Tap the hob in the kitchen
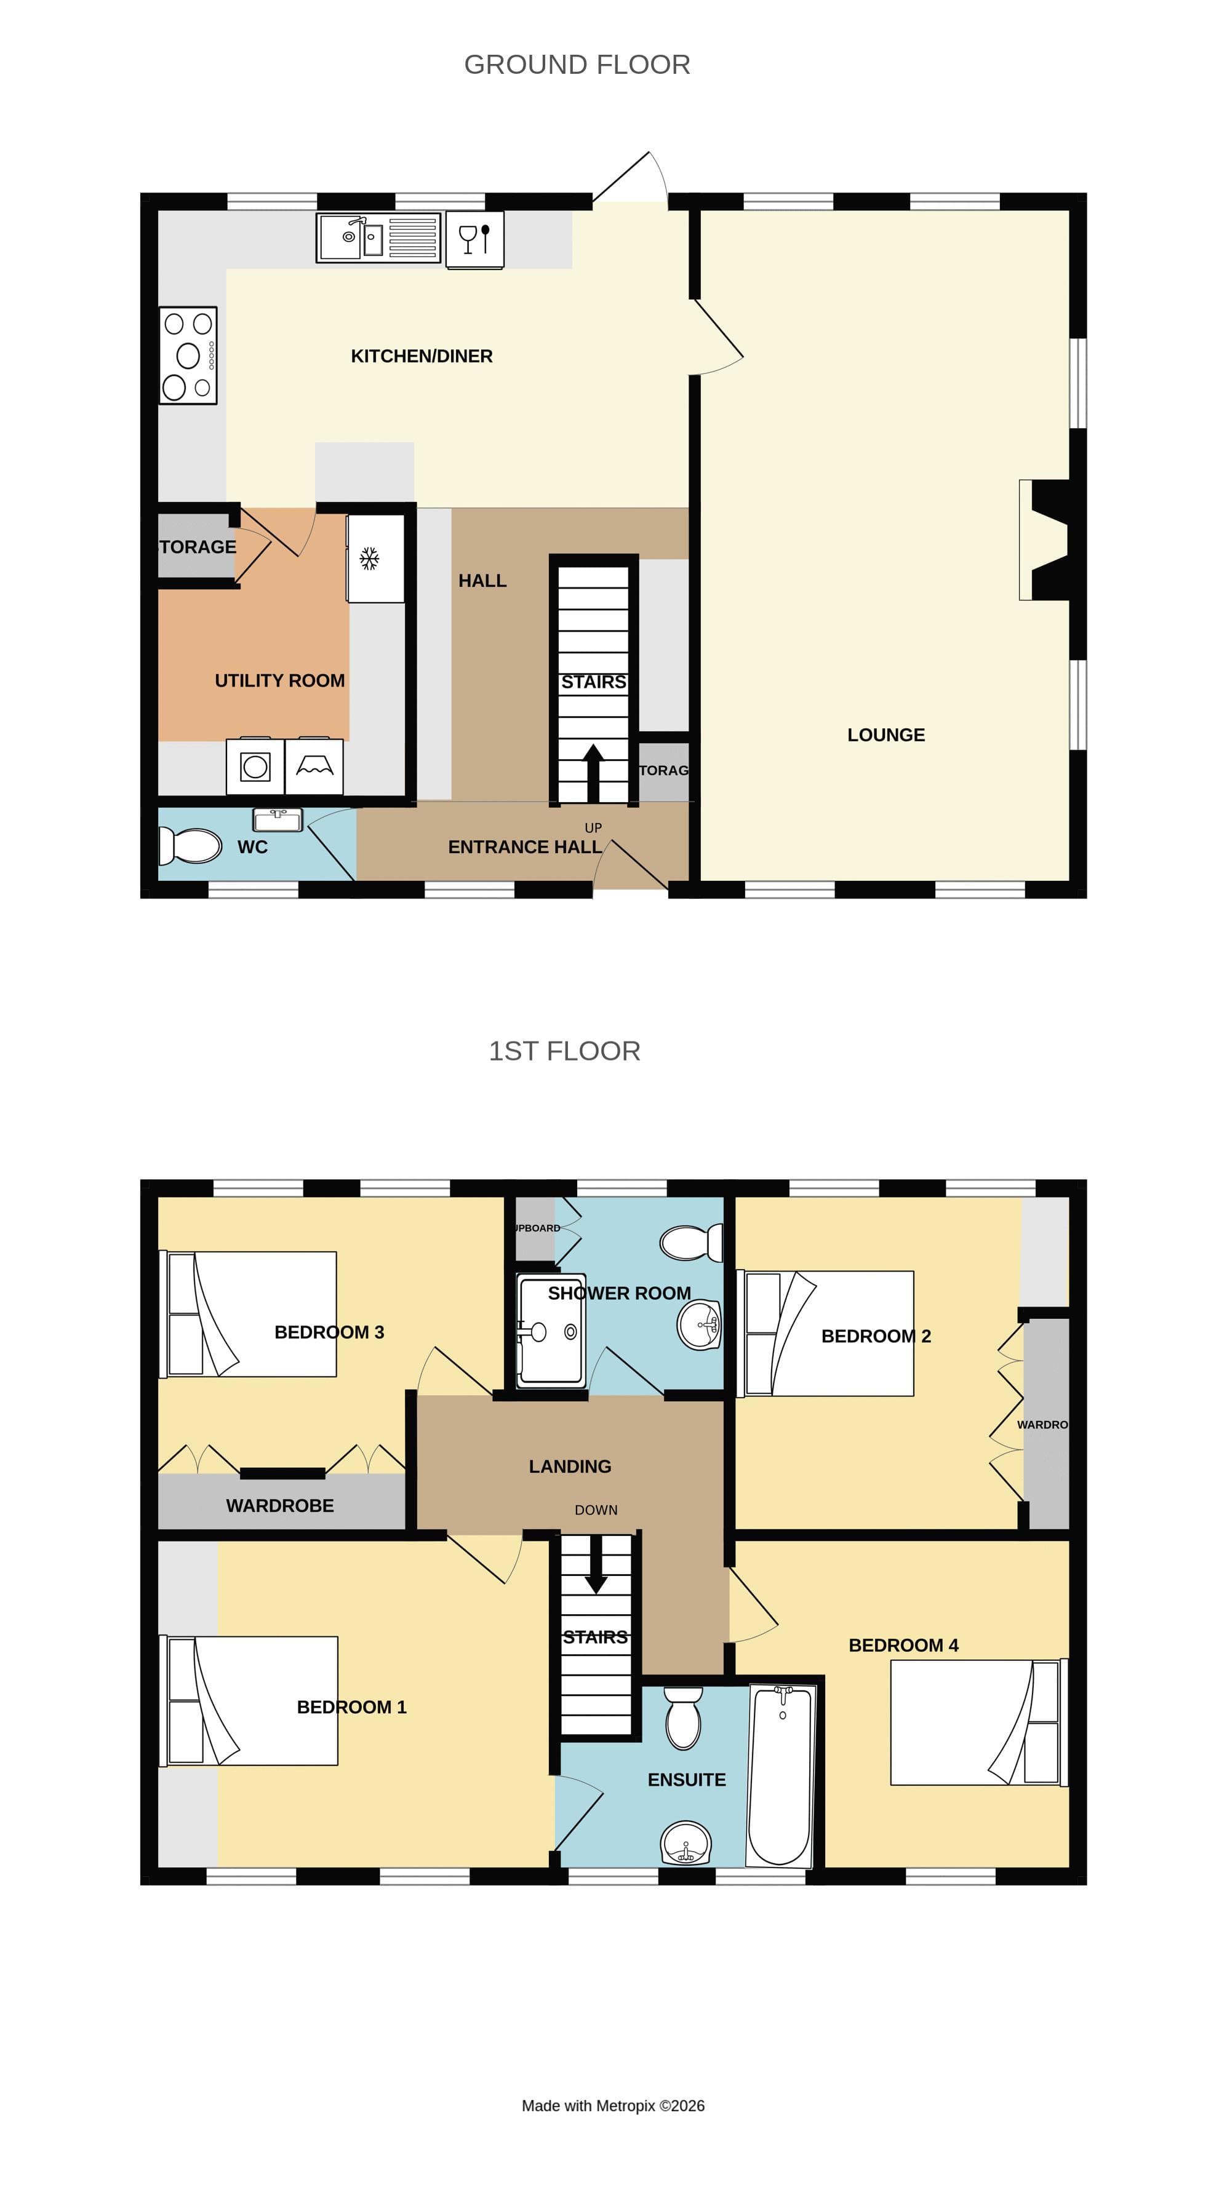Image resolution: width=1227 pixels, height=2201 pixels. point(188,356)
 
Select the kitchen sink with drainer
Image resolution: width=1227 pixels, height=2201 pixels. point(378,237)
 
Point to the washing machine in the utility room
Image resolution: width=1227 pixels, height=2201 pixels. point(255,766)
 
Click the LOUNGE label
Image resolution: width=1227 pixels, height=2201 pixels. point(885,735)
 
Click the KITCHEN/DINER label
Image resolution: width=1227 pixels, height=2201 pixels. point(422,356)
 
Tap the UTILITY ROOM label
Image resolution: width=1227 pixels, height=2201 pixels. point(279,681)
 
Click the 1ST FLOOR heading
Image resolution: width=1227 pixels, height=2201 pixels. point(564,1051)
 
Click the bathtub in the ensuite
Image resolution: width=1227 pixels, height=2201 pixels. point(780,1775)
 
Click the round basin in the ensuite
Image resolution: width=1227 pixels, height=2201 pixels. point(685,1844)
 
